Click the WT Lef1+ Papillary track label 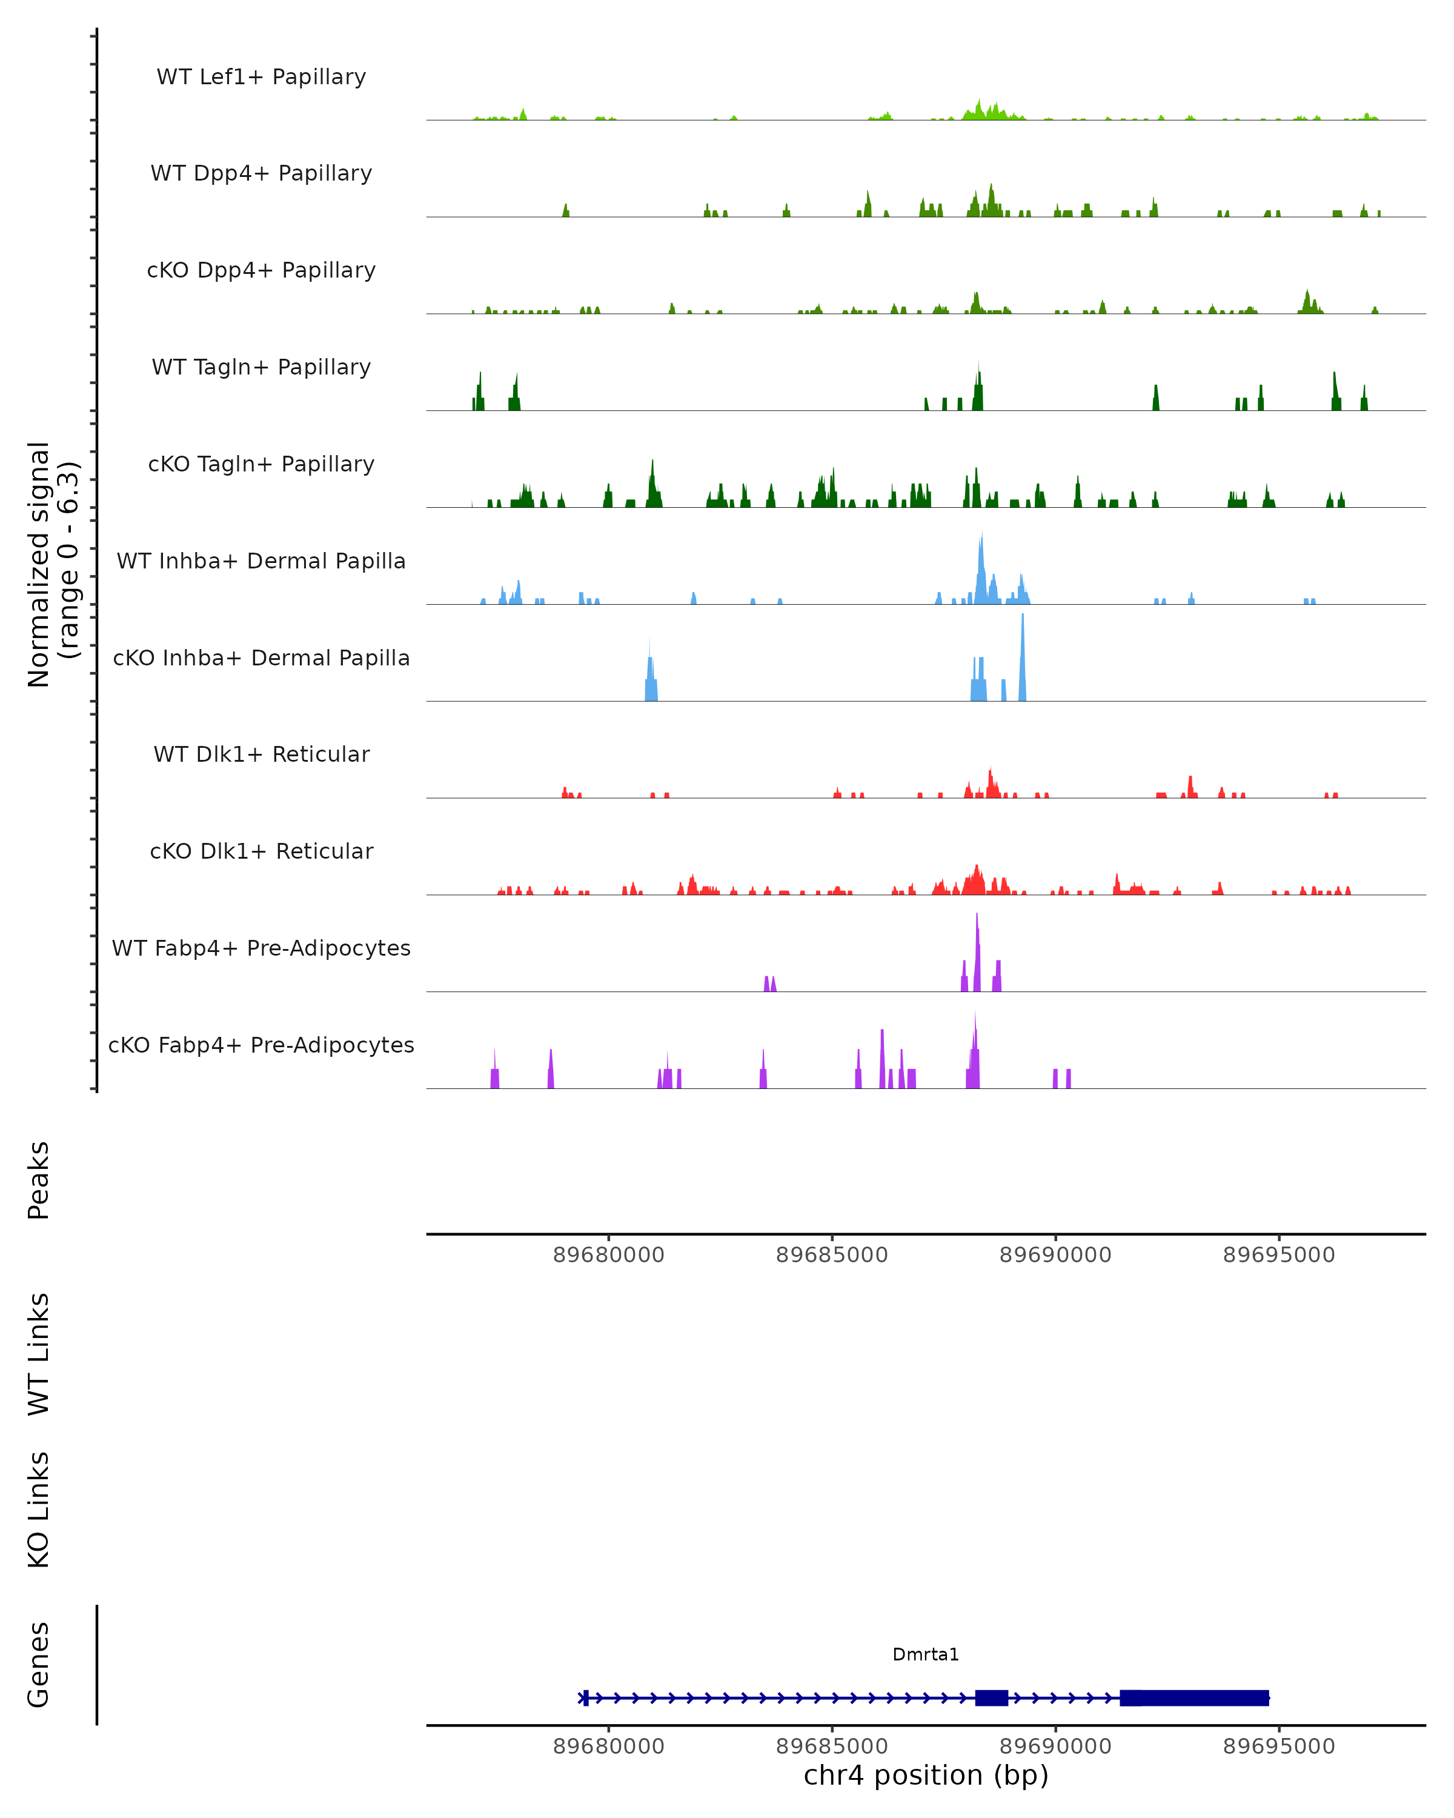click(x=261, y=77)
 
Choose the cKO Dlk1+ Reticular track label click(x=261, y=851)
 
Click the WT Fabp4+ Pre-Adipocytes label click(x=261, y=948)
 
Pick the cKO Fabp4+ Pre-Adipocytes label click(x=261, y=1045)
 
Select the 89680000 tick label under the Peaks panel click(x=609, y=1255)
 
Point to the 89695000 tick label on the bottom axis click(x=1279, y=1746)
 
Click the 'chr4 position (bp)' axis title click(x=926, y=1775)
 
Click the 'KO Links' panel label click(x=39, y=1510)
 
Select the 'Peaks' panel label click(x=39, y=1180)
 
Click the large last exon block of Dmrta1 click(x=1193, y=1697)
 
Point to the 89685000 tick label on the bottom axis click(x=832, y=1746)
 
